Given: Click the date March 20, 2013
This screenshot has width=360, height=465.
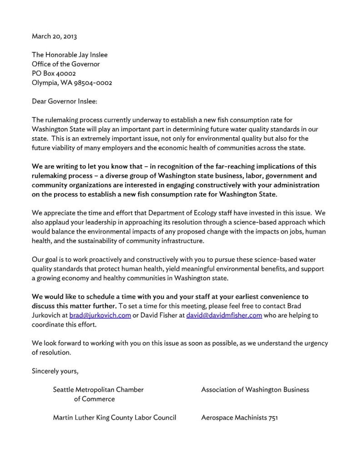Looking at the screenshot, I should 51,36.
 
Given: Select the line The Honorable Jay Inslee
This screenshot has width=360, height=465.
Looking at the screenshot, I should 70,55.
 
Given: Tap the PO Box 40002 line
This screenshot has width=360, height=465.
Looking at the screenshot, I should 54,73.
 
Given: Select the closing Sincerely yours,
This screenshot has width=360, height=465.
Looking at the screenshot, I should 55,371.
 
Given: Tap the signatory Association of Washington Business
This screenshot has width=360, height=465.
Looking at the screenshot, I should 255,390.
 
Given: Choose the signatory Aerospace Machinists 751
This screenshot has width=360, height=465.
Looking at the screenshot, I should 239,417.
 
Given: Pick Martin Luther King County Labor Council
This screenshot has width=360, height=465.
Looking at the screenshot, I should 115,417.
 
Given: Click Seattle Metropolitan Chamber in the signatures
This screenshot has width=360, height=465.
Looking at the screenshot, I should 98,390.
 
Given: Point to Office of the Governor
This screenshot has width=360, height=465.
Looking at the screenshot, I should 65,64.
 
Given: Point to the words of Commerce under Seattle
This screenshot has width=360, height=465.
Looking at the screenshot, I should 94,399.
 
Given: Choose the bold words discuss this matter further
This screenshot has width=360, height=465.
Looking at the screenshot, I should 74,306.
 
